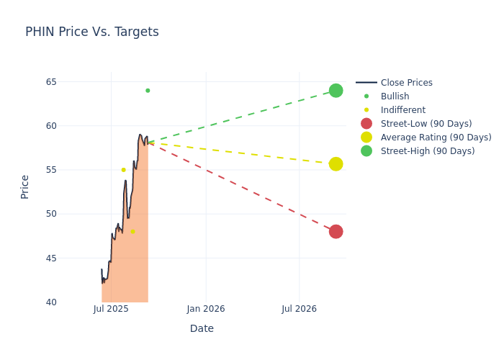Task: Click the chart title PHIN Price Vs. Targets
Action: pyautogui.click(x=92, y=32)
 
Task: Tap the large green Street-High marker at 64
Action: pyautogui.click(x=336, y=91)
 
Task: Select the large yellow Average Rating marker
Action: pyautogui.click(x=336, y=164)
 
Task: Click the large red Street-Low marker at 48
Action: pyautogui.click(x=336, y=232)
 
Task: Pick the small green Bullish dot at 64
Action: pyautogui.click(x=148, y=91)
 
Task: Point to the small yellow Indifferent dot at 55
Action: pyautogui.click(x=123, y=170)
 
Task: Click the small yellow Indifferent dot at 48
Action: pyautogui.click(x=132, y=232)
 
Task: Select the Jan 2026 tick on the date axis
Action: pyautogui.click(x=205, y=310)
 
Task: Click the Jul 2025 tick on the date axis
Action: pyautogui.click(x=111, y=310)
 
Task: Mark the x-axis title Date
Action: pyautogui.click(x=202, y=329)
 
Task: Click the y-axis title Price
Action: pyautogui.click(x=25, y=186)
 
